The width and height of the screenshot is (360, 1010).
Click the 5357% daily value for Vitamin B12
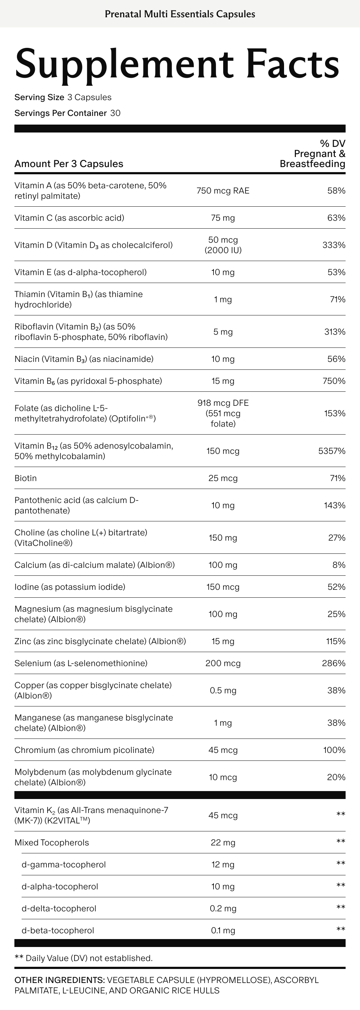(331, 451)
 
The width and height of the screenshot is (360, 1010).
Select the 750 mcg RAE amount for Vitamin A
(223, 190)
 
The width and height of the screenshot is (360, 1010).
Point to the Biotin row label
(26, 478)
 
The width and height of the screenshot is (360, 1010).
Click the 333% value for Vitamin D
(334, 245)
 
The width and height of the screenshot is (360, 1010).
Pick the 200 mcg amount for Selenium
(223, 663)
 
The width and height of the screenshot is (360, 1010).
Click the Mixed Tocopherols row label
(52, 842)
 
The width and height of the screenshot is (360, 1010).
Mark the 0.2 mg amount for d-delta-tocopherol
(223, 908)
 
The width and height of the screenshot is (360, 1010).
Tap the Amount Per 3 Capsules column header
(69, 164)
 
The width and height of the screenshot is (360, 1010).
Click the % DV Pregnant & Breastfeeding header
(312, 154)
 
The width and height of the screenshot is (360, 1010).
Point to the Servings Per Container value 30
(115, 113)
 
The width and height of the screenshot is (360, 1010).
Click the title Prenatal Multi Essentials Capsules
(180, 14)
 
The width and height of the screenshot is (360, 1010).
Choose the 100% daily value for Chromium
(334, 750)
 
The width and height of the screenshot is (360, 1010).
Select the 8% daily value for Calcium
(339, 565)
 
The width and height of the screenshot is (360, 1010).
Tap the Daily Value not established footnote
(84, 958)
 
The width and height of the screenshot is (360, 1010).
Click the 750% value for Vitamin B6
(334, 381)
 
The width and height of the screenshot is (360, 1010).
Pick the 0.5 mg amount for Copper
(223, 691)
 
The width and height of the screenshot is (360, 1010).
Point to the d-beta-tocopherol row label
(58, 930)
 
